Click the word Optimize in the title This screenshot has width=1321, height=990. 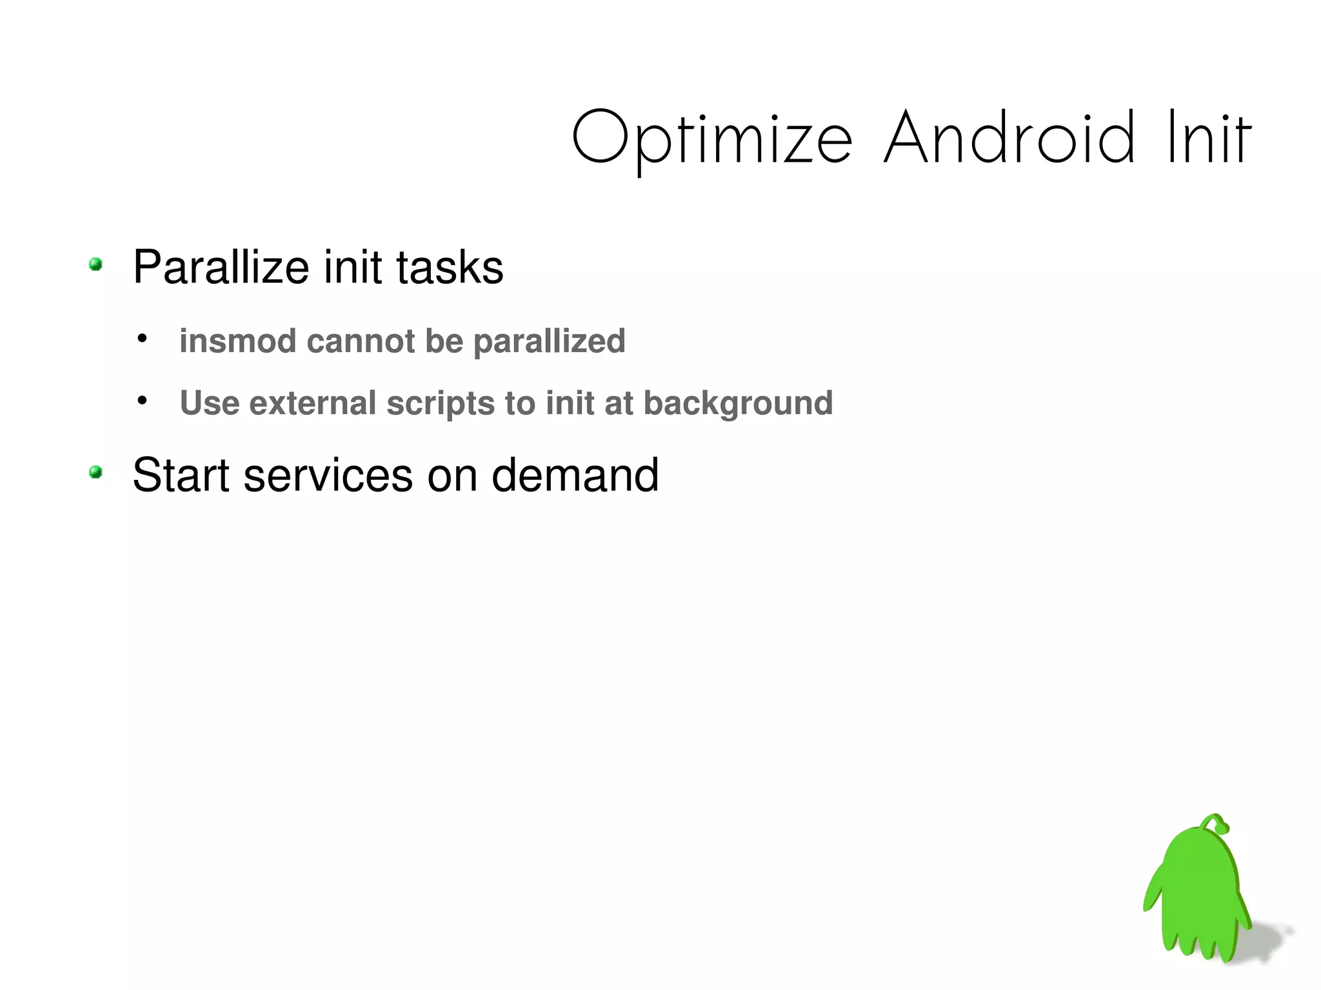[712, 139]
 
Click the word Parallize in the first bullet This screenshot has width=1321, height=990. [221, 268]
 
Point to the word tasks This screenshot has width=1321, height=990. [450, 268]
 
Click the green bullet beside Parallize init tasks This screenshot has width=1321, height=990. [96, 264]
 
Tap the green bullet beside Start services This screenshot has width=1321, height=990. [96, 473]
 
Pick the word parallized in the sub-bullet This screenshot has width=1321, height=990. [550, 342]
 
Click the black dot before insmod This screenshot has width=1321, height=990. [143, 338]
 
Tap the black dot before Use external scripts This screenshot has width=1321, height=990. [143, 401]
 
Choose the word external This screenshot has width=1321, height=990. [312, 403]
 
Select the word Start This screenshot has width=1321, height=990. [181, 475]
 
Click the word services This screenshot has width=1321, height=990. [328, 475]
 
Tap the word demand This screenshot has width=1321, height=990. [575, 475]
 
